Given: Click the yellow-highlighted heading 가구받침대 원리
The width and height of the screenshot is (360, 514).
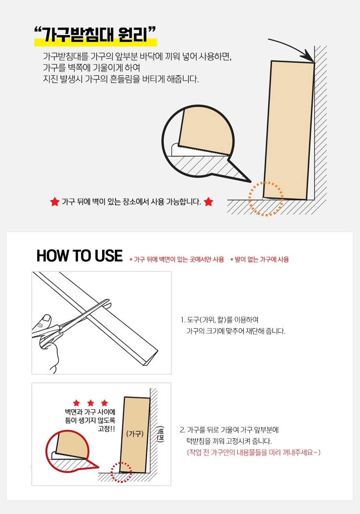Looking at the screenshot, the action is [95, 34].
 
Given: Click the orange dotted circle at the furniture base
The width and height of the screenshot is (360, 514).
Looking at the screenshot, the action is [266, 199].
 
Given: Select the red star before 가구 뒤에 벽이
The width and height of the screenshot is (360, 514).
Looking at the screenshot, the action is [54, 202].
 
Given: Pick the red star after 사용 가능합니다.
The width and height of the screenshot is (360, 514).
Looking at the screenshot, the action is [208, 202].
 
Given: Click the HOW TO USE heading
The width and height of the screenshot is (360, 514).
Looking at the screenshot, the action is [80, 256].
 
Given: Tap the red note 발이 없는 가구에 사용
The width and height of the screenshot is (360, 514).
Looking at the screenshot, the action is [260, 260].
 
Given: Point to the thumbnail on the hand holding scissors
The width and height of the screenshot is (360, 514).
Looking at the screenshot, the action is [47, 318].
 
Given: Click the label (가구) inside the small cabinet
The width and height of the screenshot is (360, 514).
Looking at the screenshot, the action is [135, 434].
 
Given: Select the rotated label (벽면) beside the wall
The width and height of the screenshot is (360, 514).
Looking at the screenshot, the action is [161, 434].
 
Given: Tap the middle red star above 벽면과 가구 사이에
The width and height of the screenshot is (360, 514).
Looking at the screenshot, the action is [91, 403].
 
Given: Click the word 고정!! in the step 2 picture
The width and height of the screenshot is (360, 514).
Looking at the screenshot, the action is [106, 429].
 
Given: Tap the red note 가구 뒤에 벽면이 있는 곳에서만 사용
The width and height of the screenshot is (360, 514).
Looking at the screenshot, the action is [177, 260].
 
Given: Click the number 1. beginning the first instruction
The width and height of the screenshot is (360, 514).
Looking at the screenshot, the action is [183, 320].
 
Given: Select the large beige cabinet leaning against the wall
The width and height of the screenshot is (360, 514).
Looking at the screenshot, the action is [289, 130].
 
